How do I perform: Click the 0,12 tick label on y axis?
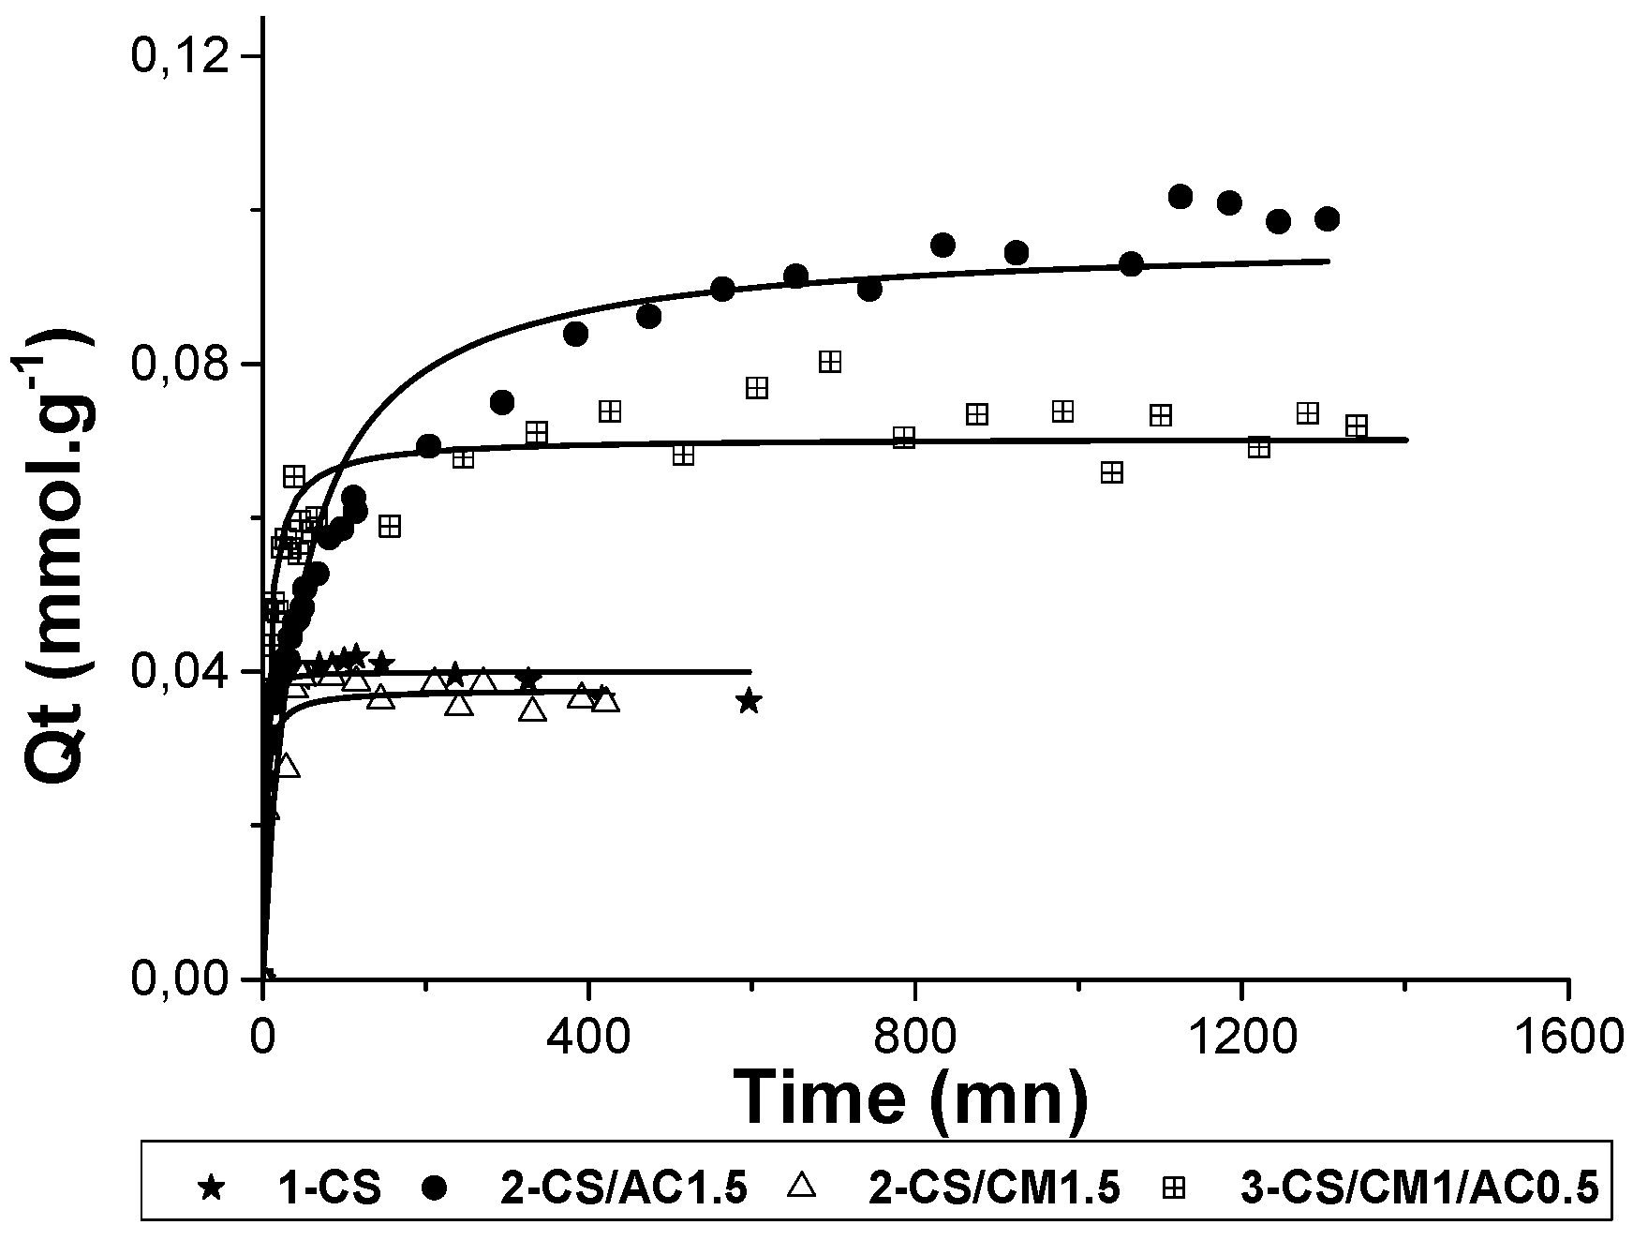pyautogui.click(x=182, y=56)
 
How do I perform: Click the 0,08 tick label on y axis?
pyautogui.click(x=182, y=364)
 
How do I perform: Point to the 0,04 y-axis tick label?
pyautogui.click(x=182, y=672)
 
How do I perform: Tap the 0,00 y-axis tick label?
pyautogui.click(x=182, y=979)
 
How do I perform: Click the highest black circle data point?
pyautogui.click(x=1180, y=196)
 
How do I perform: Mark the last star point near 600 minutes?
pyautogui.click(x=748, y=701)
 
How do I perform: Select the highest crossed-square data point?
pyautogui.click(x=830, y=362)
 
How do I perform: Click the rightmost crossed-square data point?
pyautogui.click(x=1356, y=426)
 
